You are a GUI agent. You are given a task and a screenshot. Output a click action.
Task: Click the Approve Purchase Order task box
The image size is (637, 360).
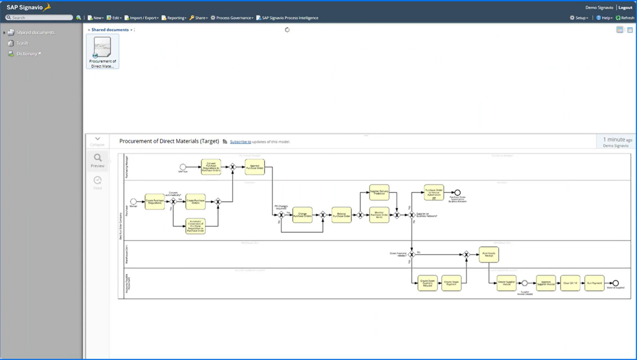255,167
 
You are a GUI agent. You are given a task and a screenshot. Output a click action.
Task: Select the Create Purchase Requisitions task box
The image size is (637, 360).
155,202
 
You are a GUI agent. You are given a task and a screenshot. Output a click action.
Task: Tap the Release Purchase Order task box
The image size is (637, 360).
341,215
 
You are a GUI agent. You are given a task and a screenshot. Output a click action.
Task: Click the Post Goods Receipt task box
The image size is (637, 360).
489,254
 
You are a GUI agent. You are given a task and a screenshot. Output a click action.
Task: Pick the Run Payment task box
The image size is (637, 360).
594,283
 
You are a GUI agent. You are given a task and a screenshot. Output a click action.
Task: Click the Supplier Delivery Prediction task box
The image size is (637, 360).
379,192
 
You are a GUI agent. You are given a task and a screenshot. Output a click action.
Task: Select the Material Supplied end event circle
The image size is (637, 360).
615,283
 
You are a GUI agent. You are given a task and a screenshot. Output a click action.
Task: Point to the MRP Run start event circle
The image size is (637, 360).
182,167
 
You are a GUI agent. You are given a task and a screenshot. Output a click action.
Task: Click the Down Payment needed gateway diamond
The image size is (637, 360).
411,254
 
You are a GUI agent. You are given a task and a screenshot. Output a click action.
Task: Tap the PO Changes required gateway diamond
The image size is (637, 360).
281,215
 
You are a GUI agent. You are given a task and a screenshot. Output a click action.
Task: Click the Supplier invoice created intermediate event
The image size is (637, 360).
525,283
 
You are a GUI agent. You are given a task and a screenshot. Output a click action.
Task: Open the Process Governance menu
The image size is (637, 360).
232,18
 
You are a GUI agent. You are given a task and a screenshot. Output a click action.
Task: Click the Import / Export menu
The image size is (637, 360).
141,18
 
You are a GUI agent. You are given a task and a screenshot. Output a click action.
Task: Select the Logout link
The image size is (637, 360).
625,7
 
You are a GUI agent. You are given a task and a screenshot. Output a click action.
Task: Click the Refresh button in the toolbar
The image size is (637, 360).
625,18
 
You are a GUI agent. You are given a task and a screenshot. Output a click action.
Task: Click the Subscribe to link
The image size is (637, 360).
241,142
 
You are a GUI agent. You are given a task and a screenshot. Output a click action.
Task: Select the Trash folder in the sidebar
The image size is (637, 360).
22,43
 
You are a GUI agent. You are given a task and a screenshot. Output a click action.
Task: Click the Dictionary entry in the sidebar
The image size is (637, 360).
27,54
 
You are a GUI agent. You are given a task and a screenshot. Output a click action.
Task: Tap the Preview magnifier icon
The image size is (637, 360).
97,158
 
